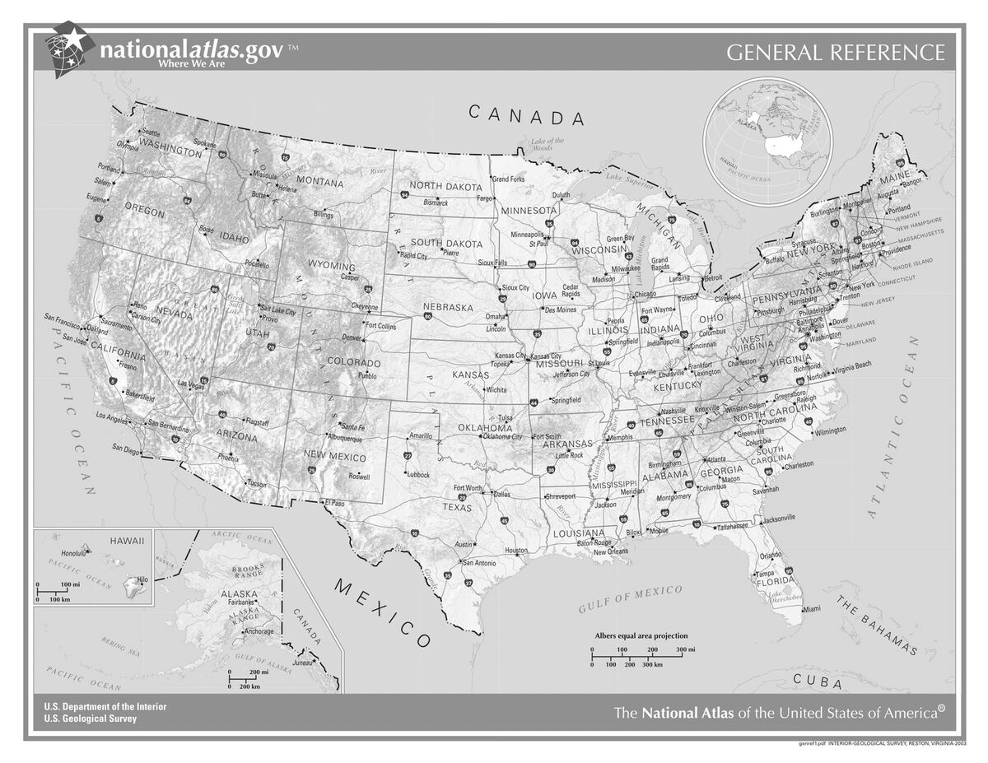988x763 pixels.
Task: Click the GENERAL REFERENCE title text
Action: (835, 53)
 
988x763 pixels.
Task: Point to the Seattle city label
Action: (151, 132)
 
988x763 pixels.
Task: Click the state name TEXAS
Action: (458, 507)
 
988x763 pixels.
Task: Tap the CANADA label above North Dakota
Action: (527, 115)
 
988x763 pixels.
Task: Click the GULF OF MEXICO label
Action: (630, 599)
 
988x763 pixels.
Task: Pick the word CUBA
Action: (817, 682)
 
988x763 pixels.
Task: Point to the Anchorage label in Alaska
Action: (259, 631)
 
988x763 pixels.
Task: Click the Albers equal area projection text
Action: (641, 635)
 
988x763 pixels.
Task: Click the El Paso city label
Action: (334, 502)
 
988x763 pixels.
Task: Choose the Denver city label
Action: (352, 338)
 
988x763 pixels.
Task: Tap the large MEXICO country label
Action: (382, 613)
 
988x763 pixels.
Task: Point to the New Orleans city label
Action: (611, 551)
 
